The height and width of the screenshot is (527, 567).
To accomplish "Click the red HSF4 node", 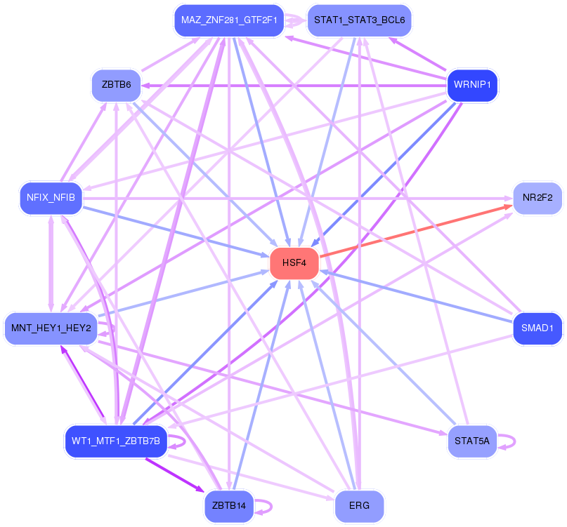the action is [294, 263].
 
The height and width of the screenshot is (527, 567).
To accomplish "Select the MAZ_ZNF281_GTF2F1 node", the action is [229, 20].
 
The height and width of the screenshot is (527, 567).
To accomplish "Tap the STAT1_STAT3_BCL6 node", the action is [360, 20].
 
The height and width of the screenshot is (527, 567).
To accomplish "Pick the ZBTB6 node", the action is [117, 85].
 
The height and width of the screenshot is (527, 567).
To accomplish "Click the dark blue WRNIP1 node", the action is [472, 85].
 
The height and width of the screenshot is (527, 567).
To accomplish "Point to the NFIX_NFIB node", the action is [51, 198].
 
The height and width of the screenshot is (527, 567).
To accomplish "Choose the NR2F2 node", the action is [537, 198].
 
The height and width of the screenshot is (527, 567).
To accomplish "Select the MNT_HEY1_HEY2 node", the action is [51, 328].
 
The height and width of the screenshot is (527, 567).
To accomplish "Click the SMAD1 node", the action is [537, 328].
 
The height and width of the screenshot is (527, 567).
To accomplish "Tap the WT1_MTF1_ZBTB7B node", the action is [116, 441].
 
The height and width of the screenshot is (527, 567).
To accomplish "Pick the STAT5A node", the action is [472, 441].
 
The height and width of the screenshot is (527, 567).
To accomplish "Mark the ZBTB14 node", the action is [229, 506].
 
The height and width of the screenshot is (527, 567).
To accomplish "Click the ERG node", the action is [360, 506].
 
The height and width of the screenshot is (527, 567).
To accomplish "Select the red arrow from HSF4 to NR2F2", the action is [416, 231].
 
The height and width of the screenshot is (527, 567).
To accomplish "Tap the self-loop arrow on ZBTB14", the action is [263, 507].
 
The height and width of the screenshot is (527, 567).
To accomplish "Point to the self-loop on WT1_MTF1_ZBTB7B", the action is [177, 442].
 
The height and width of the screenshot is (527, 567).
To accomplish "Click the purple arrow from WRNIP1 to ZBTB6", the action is [294, 86].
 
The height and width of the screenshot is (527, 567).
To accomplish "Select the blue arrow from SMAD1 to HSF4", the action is [416, 296].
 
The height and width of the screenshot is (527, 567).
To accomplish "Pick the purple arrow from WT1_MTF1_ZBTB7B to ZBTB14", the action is [175, 475].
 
